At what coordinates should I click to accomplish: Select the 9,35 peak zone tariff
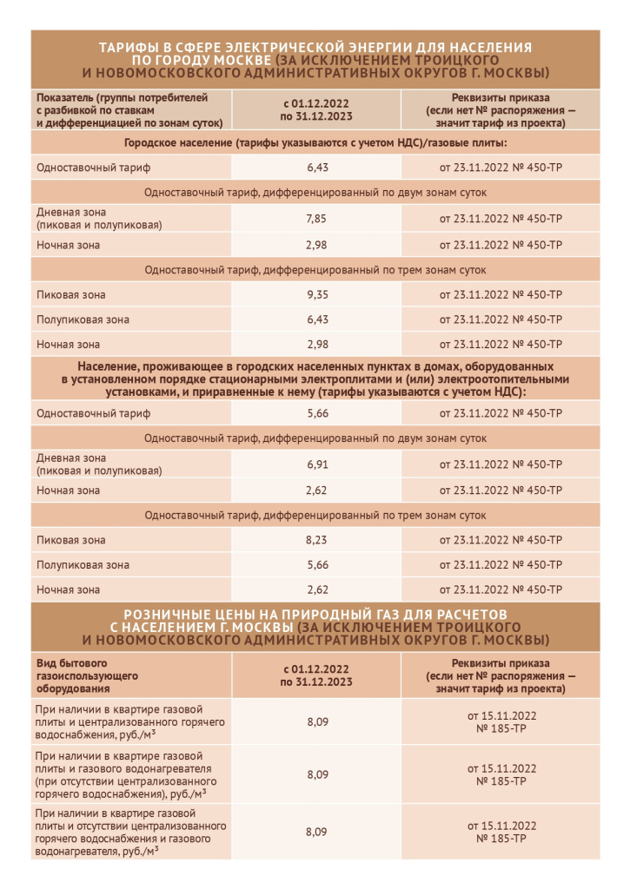316,294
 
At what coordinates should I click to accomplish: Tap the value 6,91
316,464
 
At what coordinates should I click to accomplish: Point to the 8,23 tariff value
316,540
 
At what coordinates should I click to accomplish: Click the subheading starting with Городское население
315,142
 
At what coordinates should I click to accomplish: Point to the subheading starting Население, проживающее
315,379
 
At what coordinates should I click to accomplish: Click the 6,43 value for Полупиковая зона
316,319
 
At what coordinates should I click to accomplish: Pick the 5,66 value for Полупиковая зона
316,565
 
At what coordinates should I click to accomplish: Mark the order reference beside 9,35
501,294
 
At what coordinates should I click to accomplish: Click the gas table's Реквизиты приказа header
501,675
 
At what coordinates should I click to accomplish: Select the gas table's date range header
316,675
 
